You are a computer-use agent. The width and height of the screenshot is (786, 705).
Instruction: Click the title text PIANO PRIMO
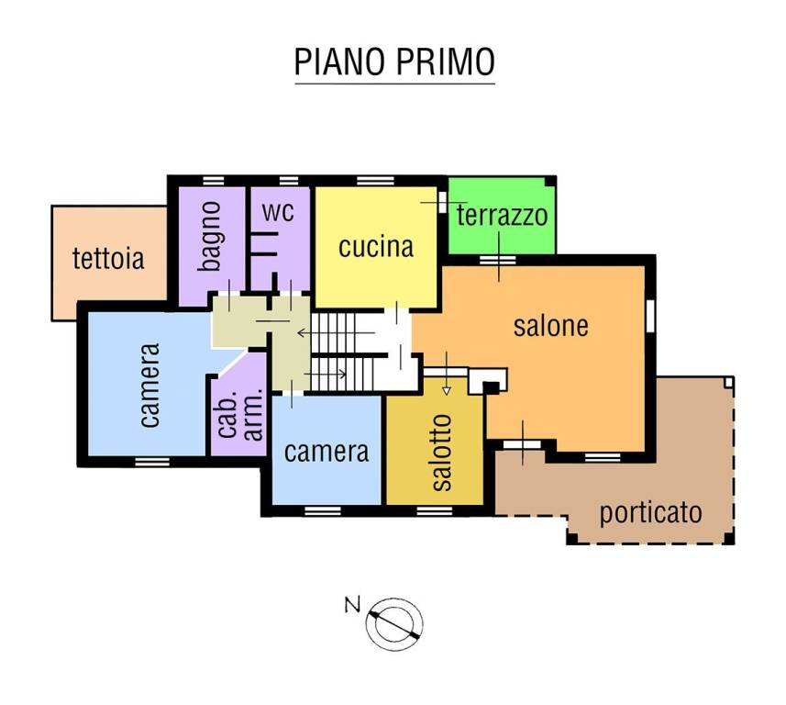pos(394,62)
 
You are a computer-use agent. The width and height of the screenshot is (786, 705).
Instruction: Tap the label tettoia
pos(108,258)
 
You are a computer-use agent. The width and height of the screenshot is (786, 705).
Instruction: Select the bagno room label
pos(212,236)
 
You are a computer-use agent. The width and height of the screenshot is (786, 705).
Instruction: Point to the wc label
pos(278,211)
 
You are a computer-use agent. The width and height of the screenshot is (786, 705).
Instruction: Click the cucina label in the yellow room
pos(376,246)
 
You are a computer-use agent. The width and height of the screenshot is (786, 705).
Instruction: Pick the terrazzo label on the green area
pos(502,216)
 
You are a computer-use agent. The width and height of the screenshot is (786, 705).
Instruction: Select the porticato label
pos(650,511)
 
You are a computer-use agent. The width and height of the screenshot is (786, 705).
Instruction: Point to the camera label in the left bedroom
pos(150,385)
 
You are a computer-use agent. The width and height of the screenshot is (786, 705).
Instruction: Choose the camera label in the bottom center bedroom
pos(327,451)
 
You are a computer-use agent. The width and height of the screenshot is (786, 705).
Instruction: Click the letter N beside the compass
pos(351,604)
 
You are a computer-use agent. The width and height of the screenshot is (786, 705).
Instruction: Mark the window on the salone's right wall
pos(650,313)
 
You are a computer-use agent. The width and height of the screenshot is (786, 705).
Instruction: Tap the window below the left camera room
pos(147,460)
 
